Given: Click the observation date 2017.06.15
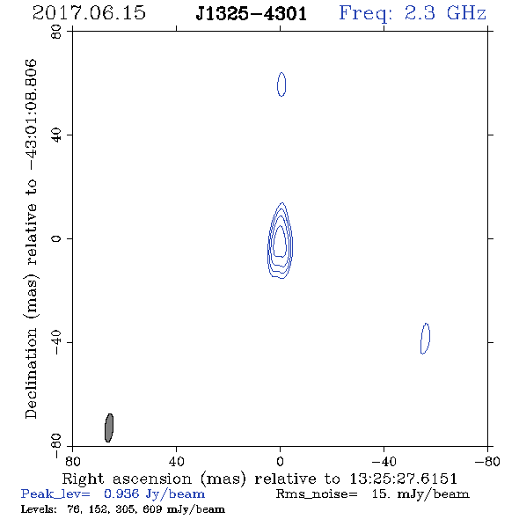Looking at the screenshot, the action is tap(89, 13).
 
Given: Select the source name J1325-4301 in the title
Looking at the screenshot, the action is tap(252, 14).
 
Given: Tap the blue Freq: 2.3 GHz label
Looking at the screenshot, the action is tap(413, 14).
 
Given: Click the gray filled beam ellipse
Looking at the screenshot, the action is tap(109, 428).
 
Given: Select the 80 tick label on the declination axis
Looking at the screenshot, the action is tap(56, 32).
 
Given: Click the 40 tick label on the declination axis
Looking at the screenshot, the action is tap(56, 135).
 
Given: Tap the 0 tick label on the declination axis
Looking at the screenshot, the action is tap(56, 238).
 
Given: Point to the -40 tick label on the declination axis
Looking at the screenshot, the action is tap(56, 342).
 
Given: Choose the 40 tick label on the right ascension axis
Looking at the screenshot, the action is tap(176, 462).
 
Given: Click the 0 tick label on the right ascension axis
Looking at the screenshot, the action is tap(280, 462).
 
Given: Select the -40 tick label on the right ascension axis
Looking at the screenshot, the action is tap(384, 462).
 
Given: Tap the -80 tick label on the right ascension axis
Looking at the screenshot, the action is tap(487, 462).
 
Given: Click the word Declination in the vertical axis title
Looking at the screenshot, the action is tap(31, 373).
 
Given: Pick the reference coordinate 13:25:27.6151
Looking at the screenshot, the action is tap(404, 479).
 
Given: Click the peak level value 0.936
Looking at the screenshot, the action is tap(121, 493).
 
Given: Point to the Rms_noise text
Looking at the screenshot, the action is tap(317, 494).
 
